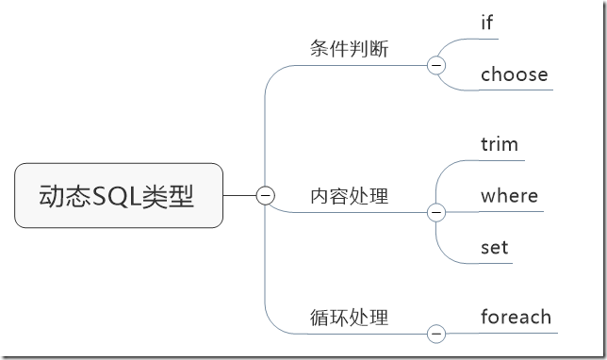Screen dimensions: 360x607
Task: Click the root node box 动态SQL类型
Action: [x=119, y=195]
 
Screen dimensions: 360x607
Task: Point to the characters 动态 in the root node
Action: [x=59, y=196]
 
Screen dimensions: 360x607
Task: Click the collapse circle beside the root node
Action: [x=266, y=195]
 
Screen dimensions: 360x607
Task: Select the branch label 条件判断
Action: [x=349, y=49]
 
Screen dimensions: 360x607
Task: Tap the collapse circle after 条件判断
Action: [x=435, y=65]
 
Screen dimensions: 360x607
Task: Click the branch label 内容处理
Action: [x=349, y=196]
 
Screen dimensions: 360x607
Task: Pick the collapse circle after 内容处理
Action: [x=435, y=212]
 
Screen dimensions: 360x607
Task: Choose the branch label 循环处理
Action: [x=349, y=318]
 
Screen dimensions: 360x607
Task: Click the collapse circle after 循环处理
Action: [x=435, y=333]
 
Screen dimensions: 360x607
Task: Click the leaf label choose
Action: [x=514, y=74]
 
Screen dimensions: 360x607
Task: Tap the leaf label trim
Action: [x=500, y=144]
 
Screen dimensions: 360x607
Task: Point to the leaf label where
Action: [x=509, y=196]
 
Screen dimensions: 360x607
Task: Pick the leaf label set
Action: [x=494, y=248]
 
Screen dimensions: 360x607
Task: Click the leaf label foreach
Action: [x=516, y=317]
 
